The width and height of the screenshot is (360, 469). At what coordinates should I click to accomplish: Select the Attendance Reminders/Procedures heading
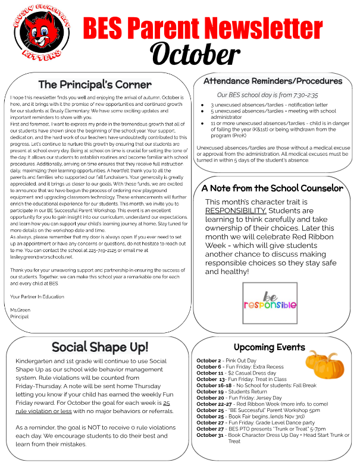[x=276, y=81]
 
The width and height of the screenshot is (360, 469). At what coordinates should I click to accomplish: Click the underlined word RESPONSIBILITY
[x=236, y=210]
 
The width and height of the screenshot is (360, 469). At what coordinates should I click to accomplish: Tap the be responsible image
[x=270, y=303]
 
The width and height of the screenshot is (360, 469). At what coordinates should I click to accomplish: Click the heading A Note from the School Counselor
[x=273, y=188]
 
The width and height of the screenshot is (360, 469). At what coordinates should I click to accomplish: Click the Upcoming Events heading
[x=269, y=347]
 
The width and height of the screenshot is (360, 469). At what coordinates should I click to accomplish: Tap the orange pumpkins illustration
[x=324, y=362]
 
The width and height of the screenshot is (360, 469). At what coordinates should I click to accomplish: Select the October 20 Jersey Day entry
[x=239, y=397]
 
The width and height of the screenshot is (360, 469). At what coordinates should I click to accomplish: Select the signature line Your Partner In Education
[x=37, y=296]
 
